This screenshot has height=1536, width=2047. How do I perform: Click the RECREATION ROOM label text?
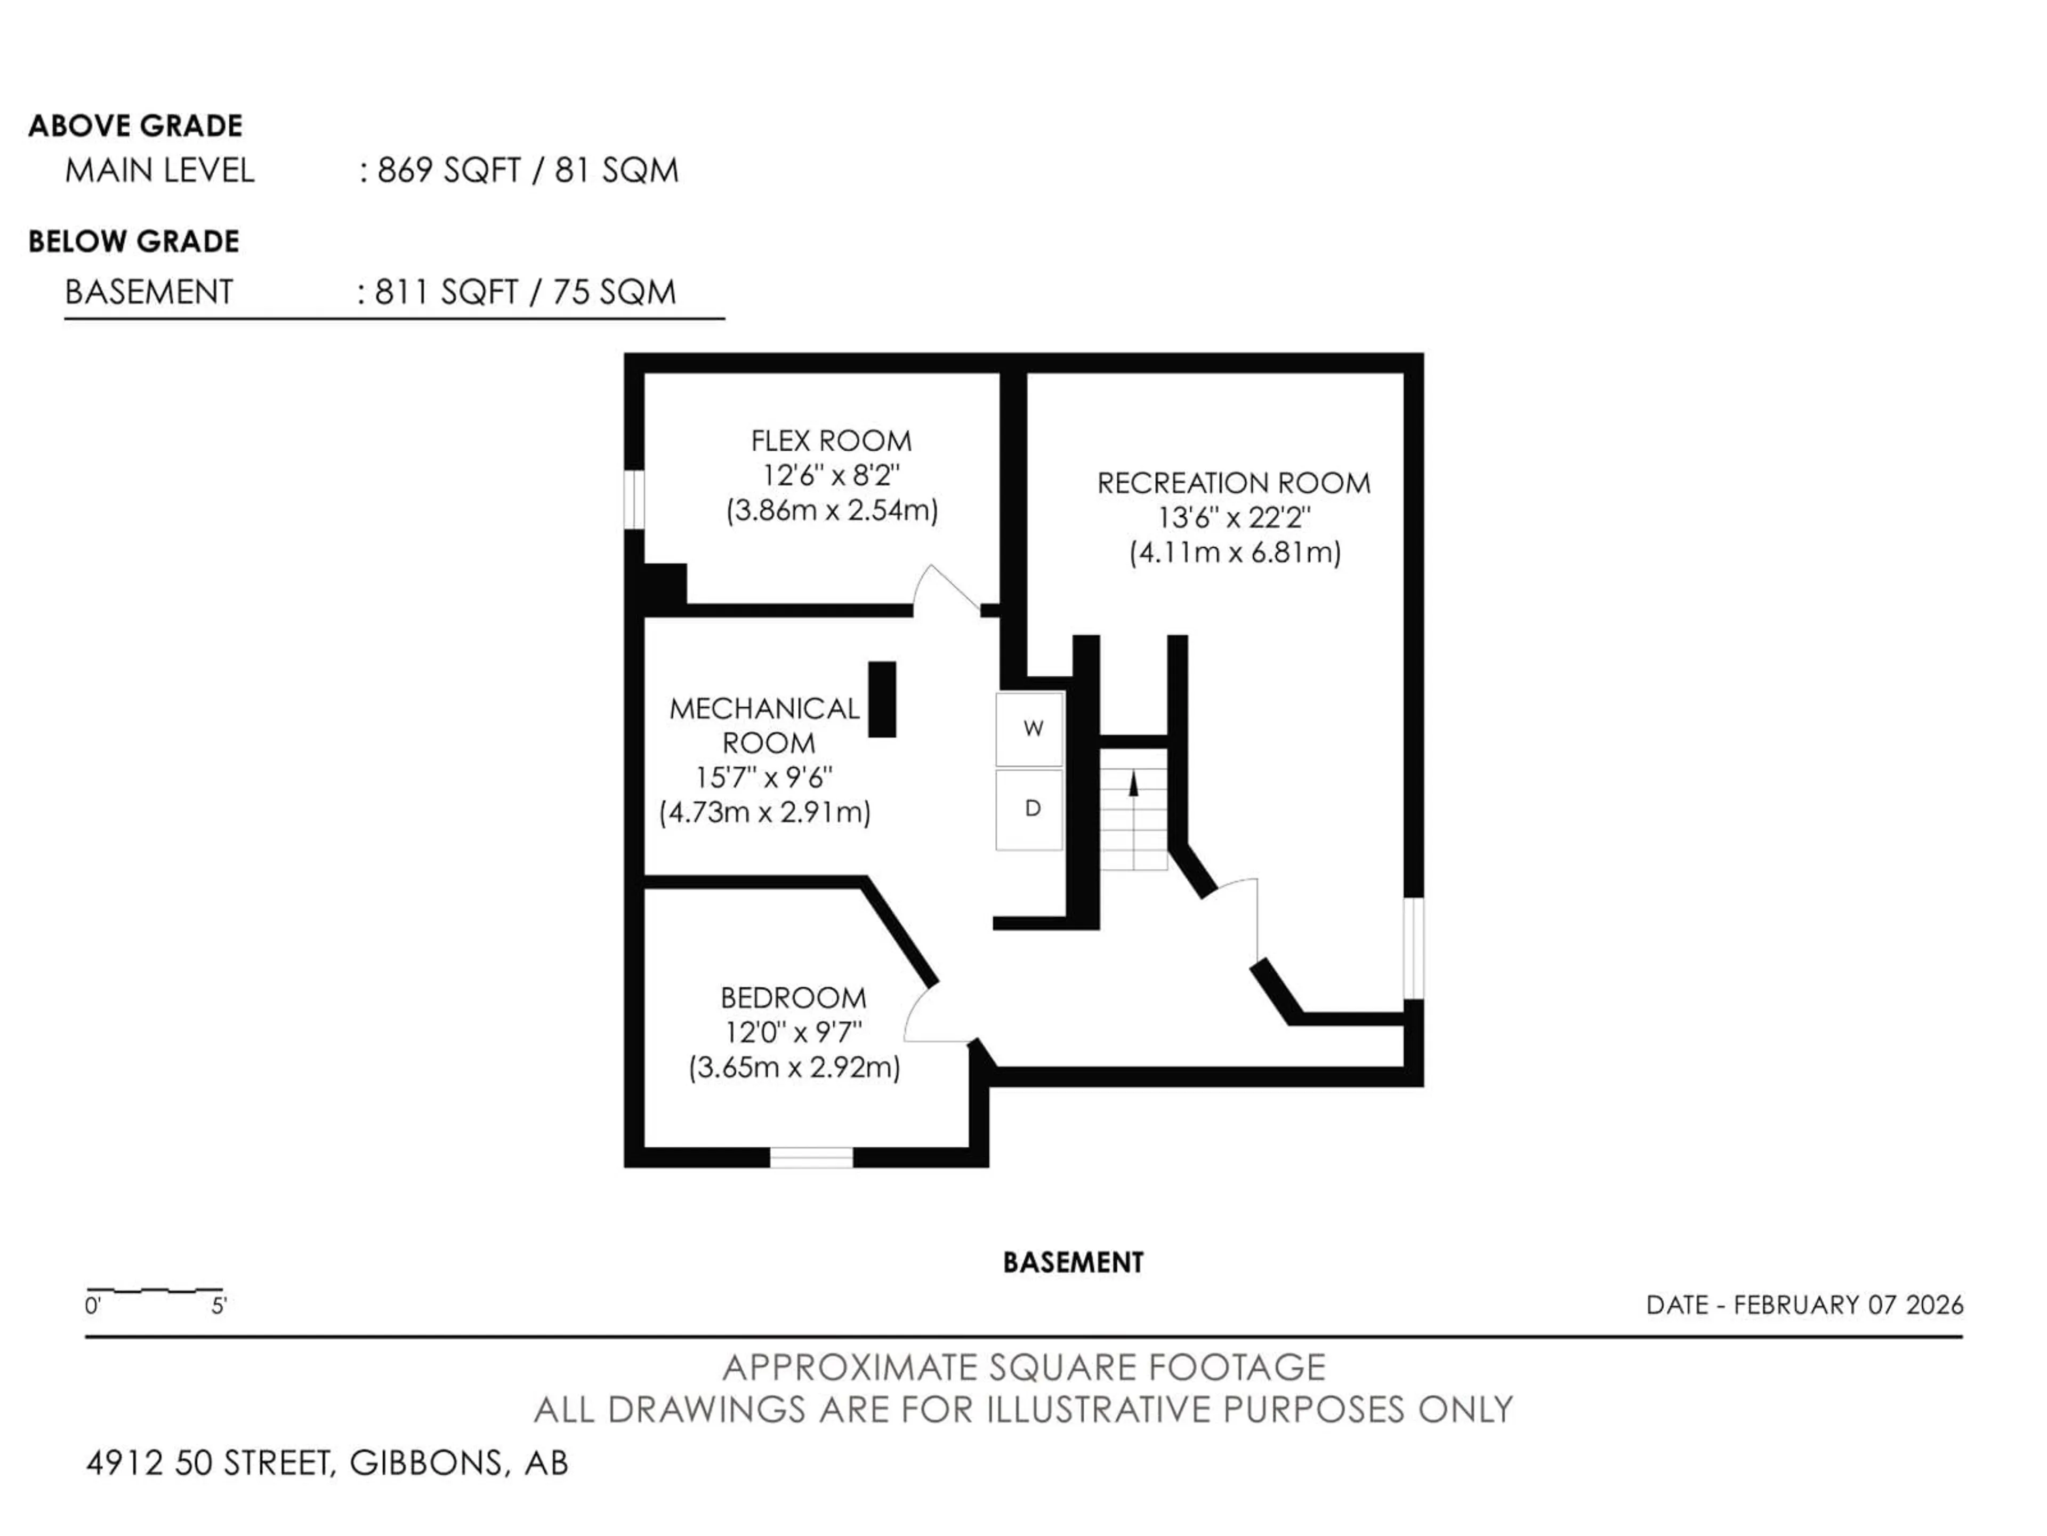tap(1234, 483)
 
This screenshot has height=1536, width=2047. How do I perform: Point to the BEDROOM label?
tap(793, 998)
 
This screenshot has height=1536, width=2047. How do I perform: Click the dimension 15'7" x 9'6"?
tap(764, 778)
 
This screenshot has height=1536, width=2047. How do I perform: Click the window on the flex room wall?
tap(634, 500)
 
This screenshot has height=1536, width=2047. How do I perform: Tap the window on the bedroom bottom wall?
tap(811, 1157)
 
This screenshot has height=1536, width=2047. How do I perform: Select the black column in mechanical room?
tap(882, 700)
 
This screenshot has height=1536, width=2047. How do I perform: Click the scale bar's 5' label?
tap(219, 1306)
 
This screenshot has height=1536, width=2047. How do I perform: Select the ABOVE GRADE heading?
tap(135, 126)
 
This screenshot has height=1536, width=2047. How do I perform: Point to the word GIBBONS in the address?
tap(428, 1463)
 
